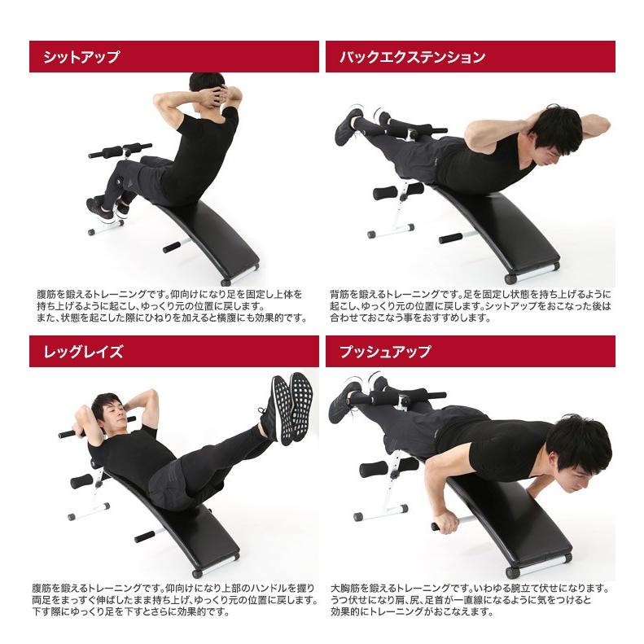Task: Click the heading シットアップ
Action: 81,57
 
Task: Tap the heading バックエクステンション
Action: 412,57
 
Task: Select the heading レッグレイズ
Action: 83,352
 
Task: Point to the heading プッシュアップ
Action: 385,352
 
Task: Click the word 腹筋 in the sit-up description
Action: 46,295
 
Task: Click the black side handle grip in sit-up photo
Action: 172,248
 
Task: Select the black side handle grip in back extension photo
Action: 450,239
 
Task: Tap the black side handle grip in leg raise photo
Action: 145,537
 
